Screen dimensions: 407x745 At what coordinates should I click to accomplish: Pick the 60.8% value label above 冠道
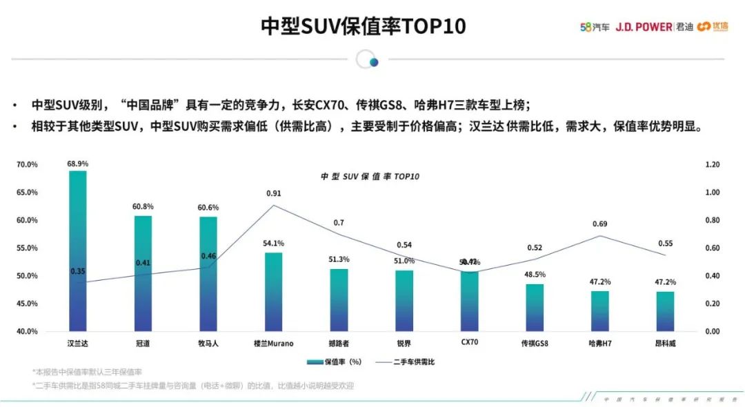point(143,207)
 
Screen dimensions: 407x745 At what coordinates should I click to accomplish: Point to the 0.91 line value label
point(273,194)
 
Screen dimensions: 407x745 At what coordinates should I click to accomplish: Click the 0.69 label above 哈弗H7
point(599,224)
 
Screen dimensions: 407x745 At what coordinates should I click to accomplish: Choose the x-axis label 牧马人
point(208,343)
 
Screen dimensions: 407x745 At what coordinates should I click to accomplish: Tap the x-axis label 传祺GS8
point(534,343)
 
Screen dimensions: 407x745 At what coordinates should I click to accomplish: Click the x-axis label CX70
point(469,343)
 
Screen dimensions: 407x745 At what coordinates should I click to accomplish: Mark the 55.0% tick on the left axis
point(28,248)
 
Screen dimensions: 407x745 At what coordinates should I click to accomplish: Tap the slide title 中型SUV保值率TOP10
point(364,26)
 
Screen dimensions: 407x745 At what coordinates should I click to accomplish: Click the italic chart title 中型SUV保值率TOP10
point(370,177)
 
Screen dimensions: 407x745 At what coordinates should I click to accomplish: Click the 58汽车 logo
point(595,27)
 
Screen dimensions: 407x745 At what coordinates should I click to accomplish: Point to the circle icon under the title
point(368,61)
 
